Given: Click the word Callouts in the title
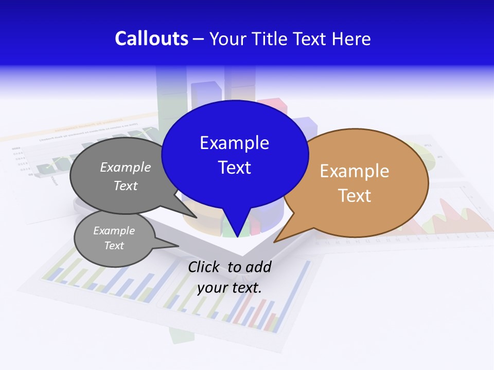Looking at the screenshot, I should point(151,39).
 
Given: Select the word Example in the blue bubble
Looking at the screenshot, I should point(234,143).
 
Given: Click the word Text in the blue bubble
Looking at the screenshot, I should point(234,168).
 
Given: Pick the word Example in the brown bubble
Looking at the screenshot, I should point(355,171).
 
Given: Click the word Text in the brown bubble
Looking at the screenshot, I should point(355,196).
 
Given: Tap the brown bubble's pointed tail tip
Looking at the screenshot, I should point(275,242).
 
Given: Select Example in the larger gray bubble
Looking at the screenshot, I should point(126,167).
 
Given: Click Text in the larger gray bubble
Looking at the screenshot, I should point(126,186).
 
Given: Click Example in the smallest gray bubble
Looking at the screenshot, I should point(114,231).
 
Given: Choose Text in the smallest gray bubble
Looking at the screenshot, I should point(114,246).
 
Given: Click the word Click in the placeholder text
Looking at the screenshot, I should point(205,267).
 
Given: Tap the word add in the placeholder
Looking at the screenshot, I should point(258,267).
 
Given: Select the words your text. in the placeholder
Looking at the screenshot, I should point(230,288).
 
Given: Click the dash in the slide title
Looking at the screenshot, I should point(199,39).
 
